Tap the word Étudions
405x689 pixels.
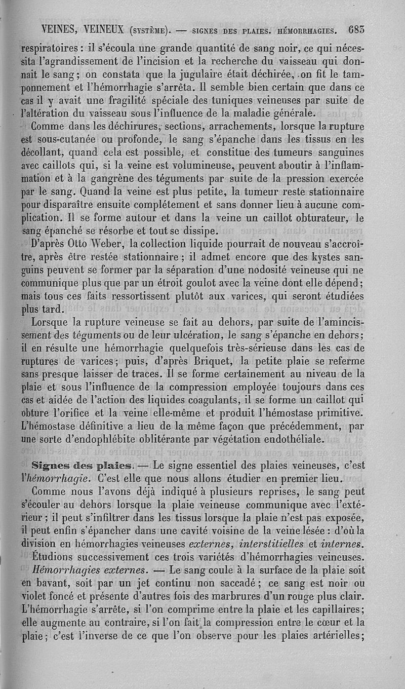[x=53, y=557]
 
